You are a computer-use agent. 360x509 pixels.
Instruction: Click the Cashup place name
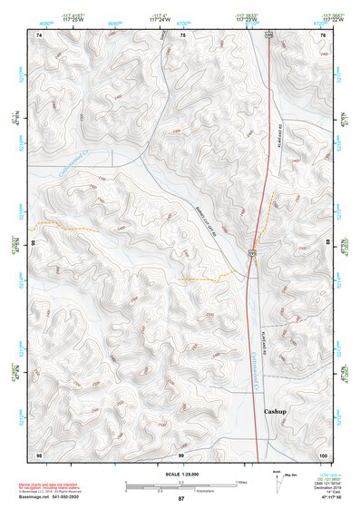coord(275,411)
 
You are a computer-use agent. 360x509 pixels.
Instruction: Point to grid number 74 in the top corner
coord(39,34)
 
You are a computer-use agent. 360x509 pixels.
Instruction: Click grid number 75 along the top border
coord(182,34)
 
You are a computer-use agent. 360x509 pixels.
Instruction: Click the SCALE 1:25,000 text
coord(180,475)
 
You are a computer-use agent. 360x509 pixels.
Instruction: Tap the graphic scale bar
coord(180,485)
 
